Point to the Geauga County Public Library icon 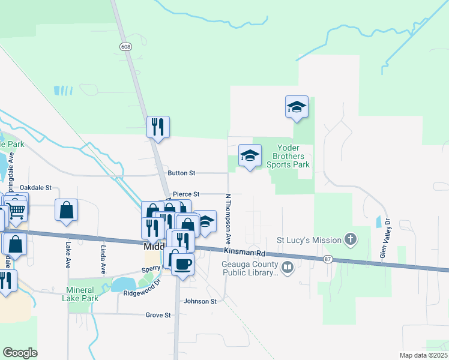[x=288, y=267]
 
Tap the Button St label [x=182, y=173]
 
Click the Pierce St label [x=185, y=194]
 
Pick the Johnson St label [x=200, y=301]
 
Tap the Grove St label [x=159, y=315]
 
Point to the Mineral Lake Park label [x=80, y=294]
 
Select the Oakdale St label [x=36, y=188]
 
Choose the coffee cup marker [x=183, y=264]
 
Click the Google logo [x=20, y=353]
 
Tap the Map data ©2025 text [x=423, y=355]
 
